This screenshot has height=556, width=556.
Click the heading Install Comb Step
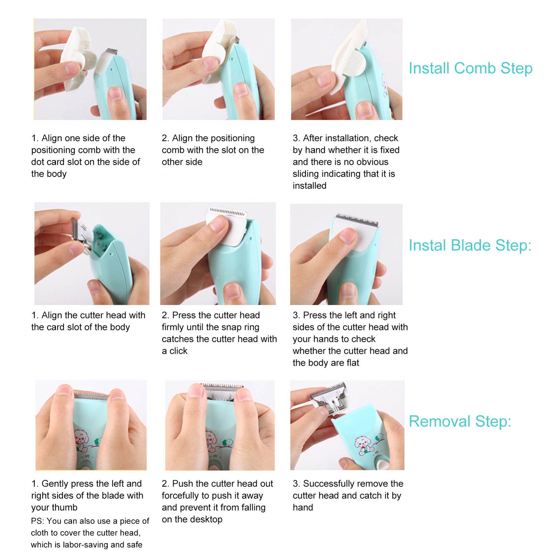pyautogui.click(x=471, y=68)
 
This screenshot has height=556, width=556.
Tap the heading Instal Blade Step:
pyautogui.click(x=470, y=245)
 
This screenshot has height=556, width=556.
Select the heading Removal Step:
pyautogui.click(x=460, y=421)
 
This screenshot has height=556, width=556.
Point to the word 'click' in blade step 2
pyautogui.click(x=178, y=351)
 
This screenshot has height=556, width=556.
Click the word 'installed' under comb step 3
pyautogui.click(x=309, y=186)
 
